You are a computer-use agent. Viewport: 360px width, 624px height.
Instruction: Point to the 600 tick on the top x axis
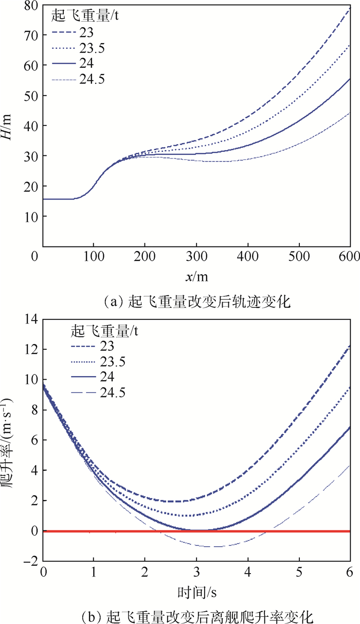[349, 256]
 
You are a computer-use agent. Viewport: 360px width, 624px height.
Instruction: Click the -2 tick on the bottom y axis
[30, 561]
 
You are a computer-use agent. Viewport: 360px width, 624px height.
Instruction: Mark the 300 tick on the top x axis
[196, 256]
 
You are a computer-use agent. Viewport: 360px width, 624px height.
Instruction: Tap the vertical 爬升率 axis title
[10, 440]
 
